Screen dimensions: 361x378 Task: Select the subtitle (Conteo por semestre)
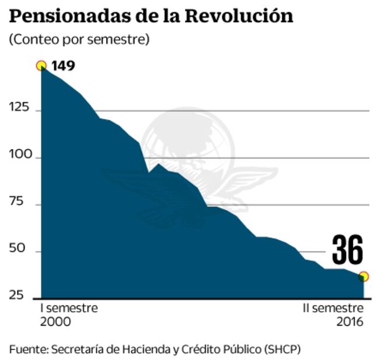coord(79,40)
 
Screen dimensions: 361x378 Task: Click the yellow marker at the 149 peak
coord(41,65)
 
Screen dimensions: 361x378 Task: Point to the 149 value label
coord(63,65)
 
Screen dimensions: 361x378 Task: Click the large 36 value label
coord(347,250)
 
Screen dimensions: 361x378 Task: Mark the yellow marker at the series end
coord(364,276)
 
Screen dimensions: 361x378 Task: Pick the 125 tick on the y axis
coord(19,110)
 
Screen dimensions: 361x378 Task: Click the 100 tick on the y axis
coord(19,158)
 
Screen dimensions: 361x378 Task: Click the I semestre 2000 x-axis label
coord(68,314)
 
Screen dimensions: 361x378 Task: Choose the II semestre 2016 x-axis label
coord(334,314)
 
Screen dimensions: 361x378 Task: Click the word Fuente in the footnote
coord(28,349)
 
